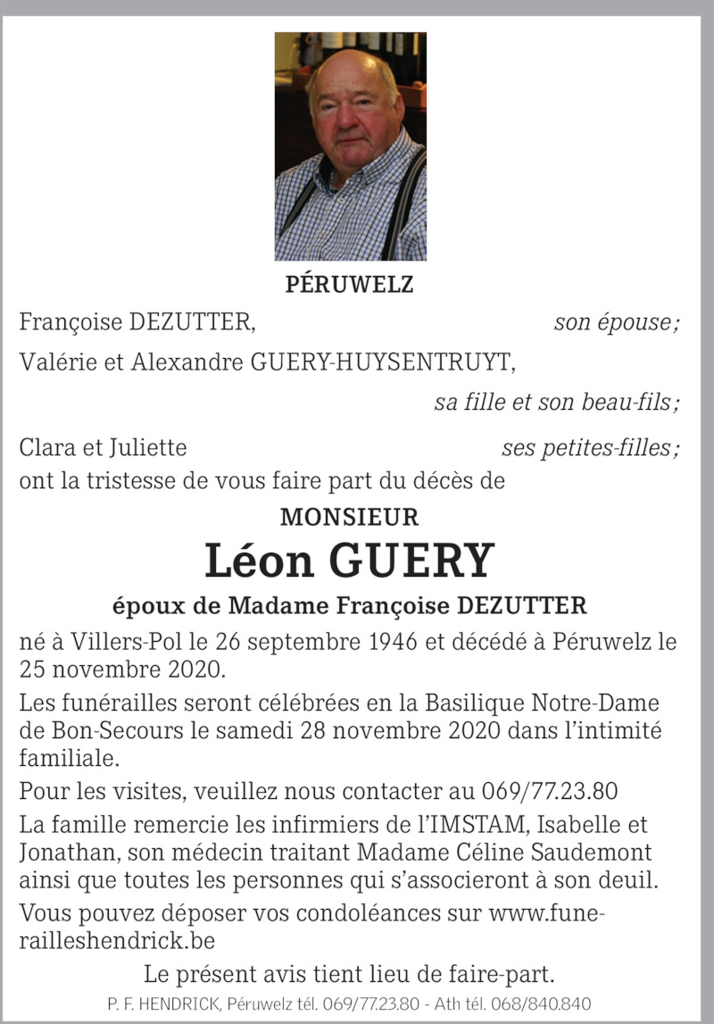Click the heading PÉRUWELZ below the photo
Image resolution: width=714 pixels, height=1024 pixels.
coord(349,285)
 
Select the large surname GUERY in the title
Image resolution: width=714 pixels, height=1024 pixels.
coord(411,560)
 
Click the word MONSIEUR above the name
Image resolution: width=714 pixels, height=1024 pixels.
coord(349,517)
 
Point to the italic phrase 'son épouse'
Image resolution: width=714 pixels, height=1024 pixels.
coord(615,322)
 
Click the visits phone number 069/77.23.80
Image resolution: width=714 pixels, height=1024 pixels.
coord(550,792)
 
